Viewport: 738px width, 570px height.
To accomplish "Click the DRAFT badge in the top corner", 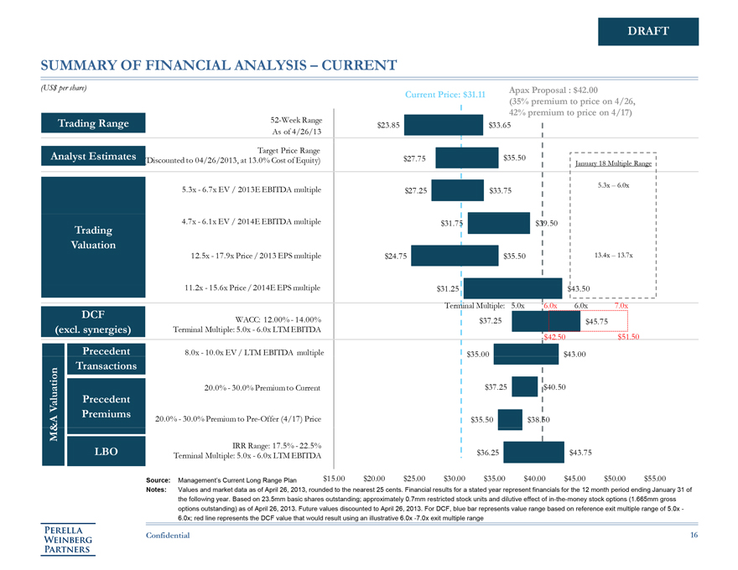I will tap(648, 32).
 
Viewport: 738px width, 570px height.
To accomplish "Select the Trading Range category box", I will tap(93, 124).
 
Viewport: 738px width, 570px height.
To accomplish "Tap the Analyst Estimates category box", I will tap(93, 156).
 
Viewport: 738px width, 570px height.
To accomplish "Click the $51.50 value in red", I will tap(628, 337).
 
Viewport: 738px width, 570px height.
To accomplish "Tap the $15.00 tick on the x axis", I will tap(335, 478).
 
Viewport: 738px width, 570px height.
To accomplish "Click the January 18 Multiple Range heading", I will tap(613, 163).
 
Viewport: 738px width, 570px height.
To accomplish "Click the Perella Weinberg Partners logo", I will tap(70, 538).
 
